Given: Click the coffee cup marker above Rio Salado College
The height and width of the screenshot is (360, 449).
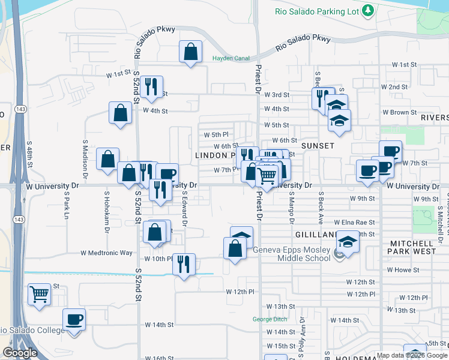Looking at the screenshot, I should [x=74, y=319].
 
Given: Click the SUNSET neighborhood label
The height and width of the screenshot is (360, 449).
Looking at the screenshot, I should [x=318, y=146].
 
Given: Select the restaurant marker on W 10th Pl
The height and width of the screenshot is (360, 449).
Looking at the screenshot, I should [x=184, y=264].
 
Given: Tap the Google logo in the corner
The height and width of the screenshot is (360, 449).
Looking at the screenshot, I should [x=19, y=353].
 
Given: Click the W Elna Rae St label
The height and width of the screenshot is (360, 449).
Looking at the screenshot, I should [x=354, y=222].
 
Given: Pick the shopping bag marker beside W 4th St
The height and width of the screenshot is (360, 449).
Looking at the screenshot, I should [x=120, y=112].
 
